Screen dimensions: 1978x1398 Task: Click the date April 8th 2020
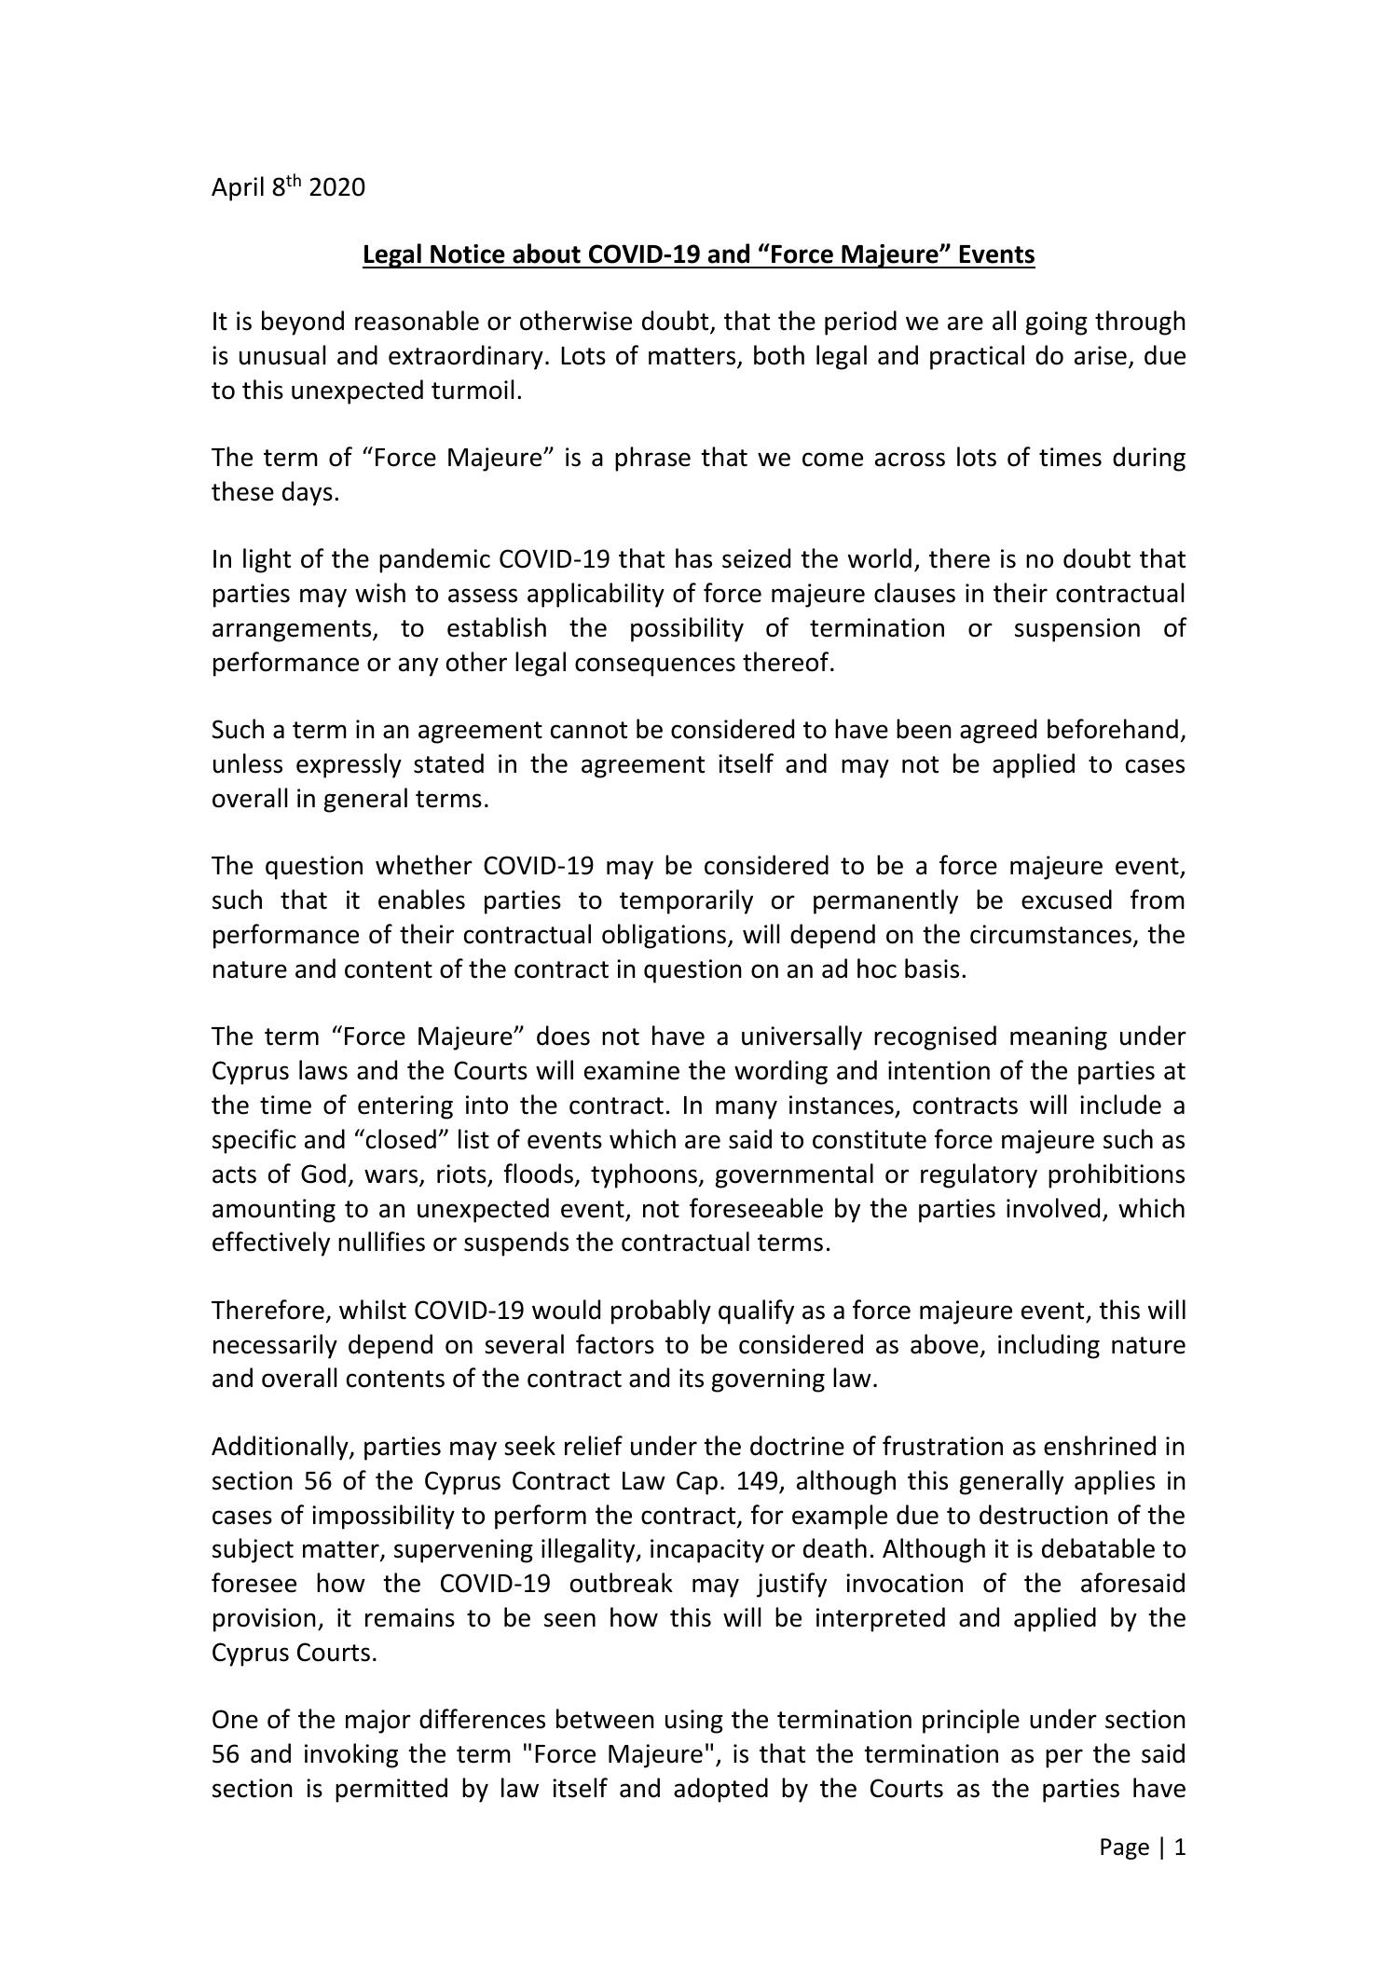pyautogui.click(x=288, y=187)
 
